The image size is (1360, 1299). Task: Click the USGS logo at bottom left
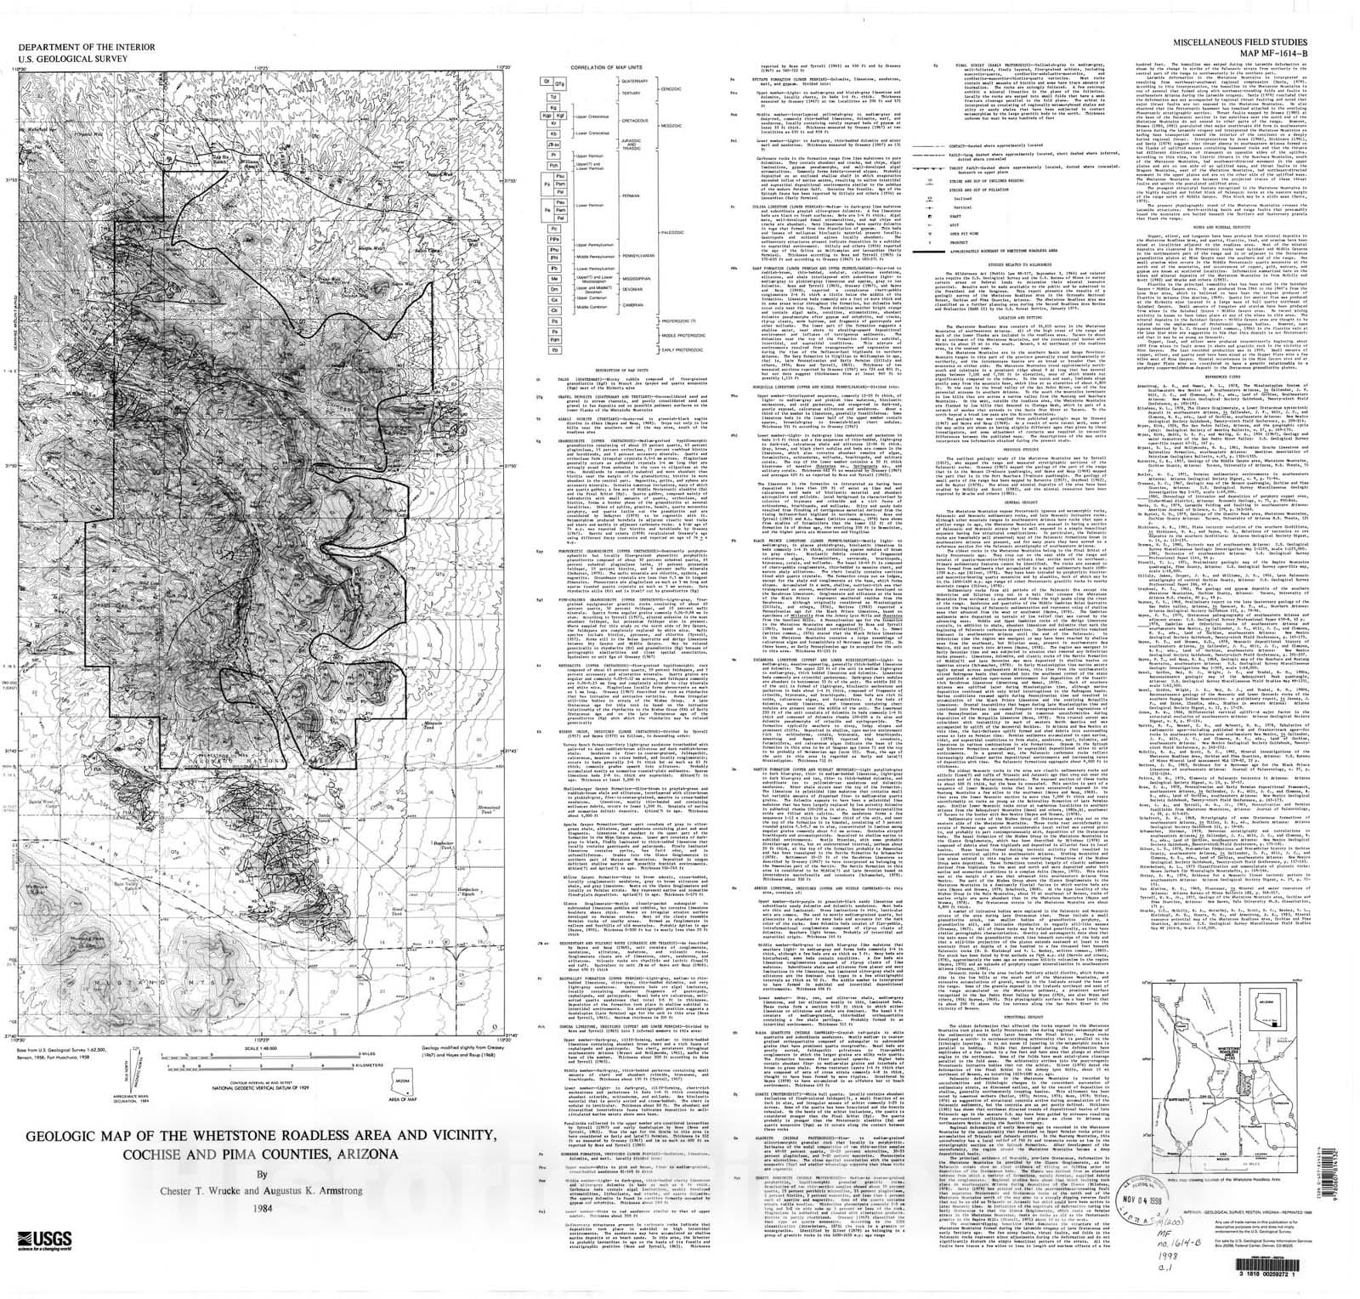42,1238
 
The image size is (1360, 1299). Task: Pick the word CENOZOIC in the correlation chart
671,88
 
